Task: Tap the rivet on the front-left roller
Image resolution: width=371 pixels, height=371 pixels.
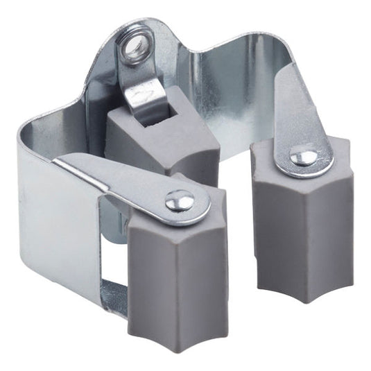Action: [x=180, y=201]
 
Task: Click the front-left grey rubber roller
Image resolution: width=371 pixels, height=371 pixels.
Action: [x=177, y=277]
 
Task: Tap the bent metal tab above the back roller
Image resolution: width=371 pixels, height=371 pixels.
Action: [x=146, y=90]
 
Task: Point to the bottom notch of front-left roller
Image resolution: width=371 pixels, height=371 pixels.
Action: [x=178, y=330]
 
